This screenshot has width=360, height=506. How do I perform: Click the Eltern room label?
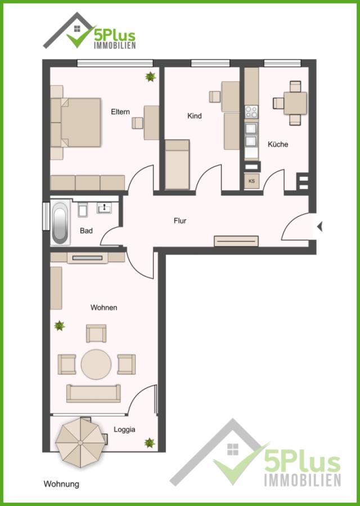pos(120,112)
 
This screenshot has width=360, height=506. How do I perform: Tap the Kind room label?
pos(195,116)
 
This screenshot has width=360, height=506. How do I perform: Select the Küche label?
pos(278,144)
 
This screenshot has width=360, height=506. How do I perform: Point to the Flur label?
pos(180,221)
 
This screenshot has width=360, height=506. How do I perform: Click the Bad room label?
pos(86,231)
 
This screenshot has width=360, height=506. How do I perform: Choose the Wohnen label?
pos(103,308)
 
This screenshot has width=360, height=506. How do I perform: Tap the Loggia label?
pos(124,430)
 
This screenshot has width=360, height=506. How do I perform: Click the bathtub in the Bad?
pos(60,222)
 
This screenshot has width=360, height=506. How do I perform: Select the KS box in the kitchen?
pos(251,182)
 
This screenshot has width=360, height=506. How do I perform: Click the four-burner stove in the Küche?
pos(251,112)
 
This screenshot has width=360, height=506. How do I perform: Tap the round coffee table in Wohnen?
pos(96,364)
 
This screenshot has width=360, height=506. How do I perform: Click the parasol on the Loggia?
pos(80,443)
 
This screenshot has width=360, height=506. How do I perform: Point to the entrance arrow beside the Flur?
pos(319,227)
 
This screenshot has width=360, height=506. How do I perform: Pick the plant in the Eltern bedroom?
pos(150,77)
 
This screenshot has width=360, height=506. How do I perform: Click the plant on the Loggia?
pos(150,443)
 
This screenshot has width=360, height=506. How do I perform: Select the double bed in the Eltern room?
pos(75,123)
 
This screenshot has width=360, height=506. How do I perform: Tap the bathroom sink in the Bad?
pos(104,208)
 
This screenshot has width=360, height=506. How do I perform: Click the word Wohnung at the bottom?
pos(61,484)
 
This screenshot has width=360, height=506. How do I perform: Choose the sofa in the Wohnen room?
pos(93,394)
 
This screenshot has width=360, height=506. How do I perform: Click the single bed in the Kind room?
pos(177,165)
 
